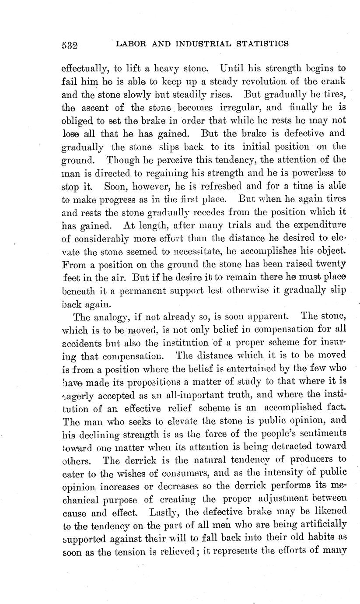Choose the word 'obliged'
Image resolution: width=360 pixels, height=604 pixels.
pyautogui.click(x=77, y=121)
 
